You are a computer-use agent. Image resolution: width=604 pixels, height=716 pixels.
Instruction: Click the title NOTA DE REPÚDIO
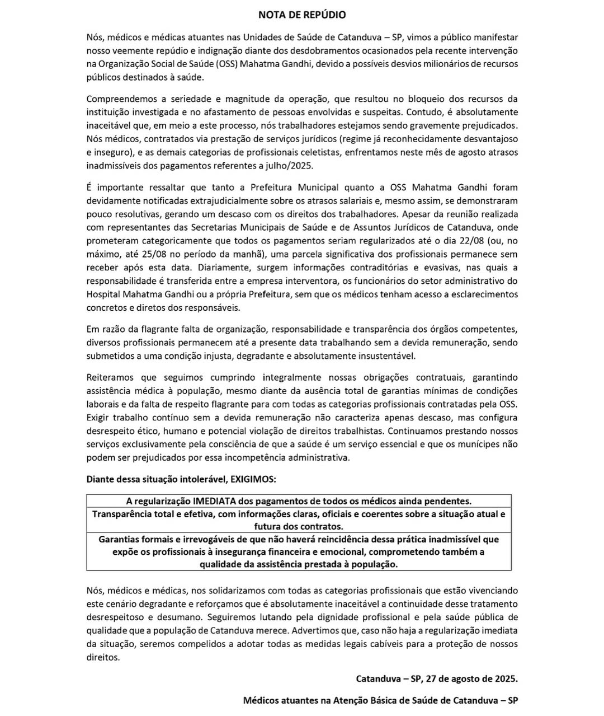tap(302, 15)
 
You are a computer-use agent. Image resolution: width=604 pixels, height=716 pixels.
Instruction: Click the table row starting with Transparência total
tap(299, 520)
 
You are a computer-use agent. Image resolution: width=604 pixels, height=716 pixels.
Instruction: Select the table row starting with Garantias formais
tap(299, 552)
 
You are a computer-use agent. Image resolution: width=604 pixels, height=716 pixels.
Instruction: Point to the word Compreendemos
tap(116, 99)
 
